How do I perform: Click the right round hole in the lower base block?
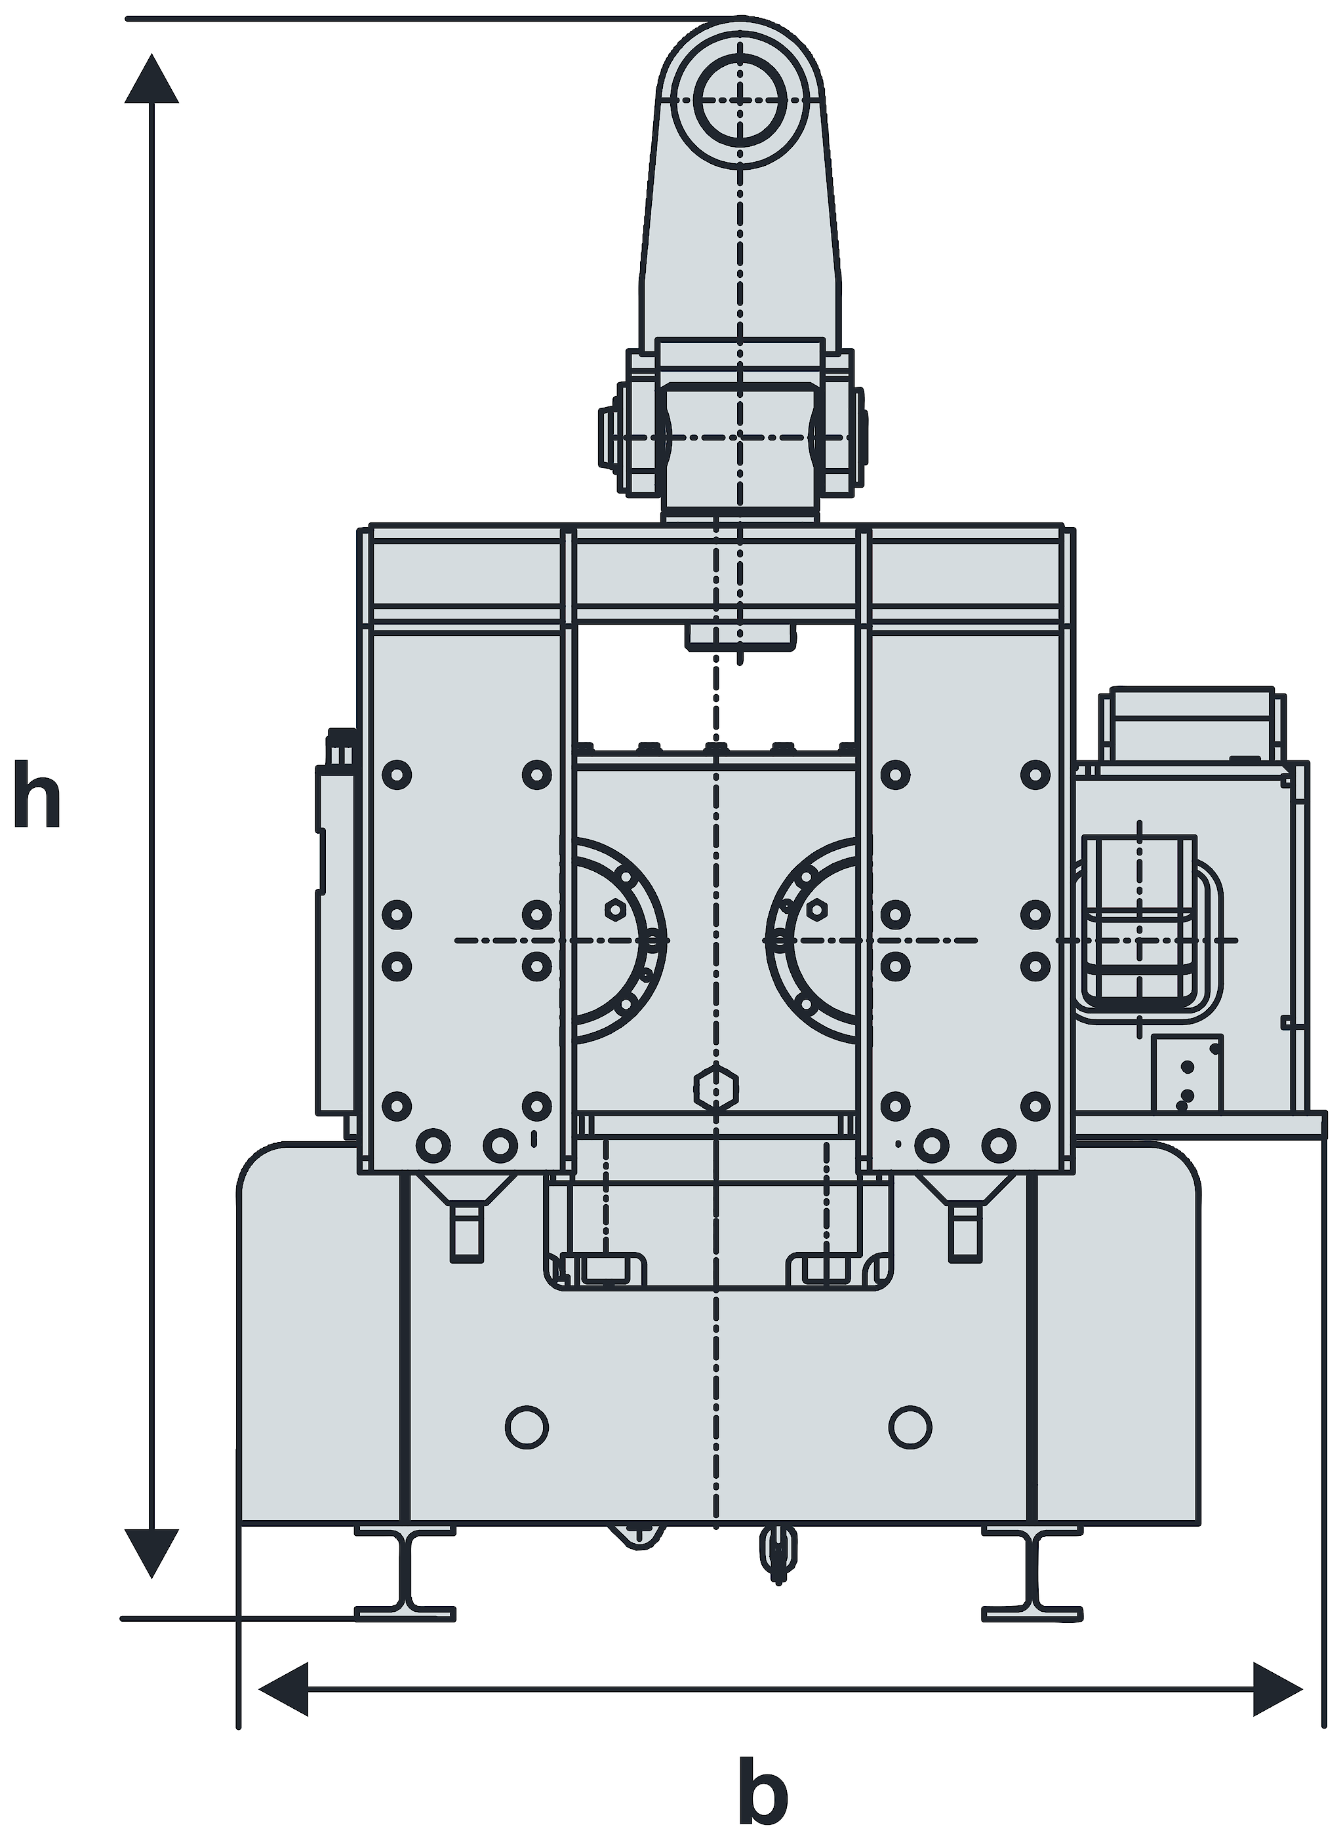(x=910, y=1426)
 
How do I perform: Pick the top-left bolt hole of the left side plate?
(x=397, y=775)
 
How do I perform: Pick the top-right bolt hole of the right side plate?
(x=1035, y=775)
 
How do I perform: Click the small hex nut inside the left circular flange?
(x=615, y=908)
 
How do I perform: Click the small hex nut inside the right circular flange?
(x=817, y=908)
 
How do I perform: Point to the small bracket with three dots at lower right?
(x=1187, y=1073)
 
